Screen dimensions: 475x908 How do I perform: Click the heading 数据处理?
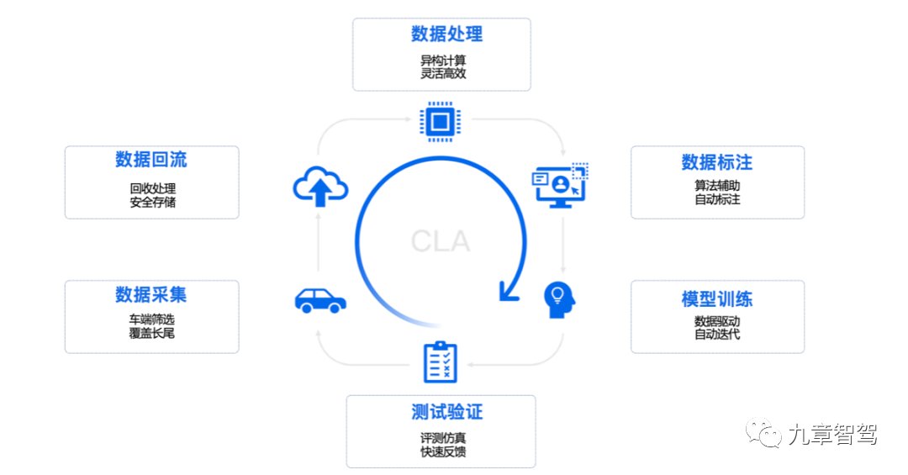(446, 34)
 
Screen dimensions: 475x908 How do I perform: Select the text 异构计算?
(443, 61)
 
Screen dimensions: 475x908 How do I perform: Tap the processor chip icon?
(438, 122)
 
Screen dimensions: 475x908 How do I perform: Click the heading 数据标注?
(716, 161)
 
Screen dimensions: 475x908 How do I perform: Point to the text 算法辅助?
(717, 187)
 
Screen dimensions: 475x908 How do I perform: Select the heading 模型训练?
(716, 298)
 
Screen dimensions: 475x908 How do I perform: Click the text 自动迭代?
(717, 335)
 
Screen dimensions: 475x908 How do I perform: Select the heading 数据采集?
(151, 294)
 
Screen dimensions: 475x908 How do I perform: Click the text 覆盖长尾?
(152, 333)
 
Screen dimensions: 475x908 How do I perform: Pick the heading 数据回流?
(151, 160)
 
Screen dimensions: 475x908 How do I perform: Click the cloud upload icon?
(320, 187)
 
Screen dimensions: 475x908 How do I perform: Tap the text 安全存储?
(152, 202)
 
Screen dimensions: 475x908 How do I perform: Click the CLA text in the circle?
(440, 242)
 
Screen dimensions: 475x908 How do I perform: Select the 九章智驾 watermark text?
(831, 435)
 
